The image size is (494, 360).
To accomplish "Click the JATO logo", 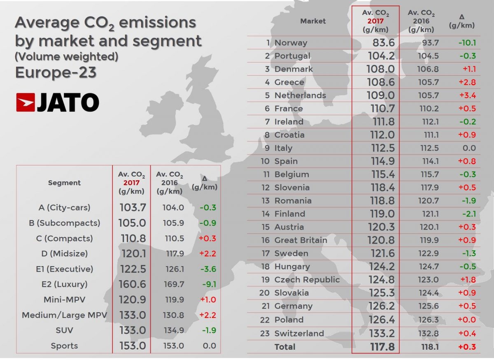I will pyautogui.click(x=58, y=102).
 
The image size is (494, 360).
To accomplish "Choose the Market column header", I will pyautogui.click(x=313, y=21).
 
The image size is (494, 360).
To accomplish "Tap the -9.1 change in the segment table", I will pyautogui.click(x=207, y=284).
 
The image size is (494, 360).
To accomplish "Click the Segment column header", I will pyautogui.click(x=64, y=183).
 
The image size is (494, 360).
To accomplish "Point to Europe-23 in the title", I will pyautogui.click(x=56, y=72).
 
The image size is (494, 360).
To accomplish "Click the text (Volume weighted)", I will pyautogui.click(x=66, y=56).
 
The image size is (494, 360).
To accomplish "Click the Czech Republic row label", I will pyautogui.click(x=307, y=280).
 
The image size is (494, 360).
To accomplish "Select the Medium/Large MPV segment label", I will pyautogui.click(x=65, y=315).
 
